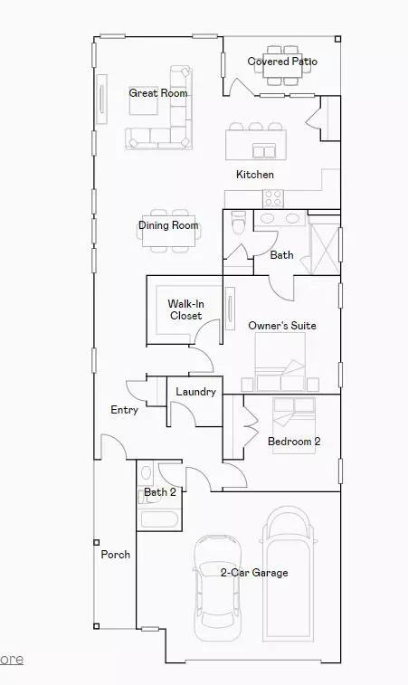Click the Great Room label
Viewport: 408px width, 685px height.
point(158,93)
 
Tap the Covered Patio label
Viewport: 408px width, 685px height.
point(282,62)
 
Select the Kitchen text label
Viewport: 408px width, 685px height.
point(255,175)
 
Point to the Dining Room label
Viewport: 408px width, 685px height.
point(168,225)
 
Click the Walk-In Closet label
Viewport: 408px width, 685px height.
point(185,309)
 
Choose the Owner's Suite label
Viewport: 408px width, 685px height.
point(281,326)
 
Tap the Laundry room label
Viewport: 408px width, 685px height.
point(195,392)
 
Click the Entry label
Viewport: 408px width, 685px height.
point(124,410)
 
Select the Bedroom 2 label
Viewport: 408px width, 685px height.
point(294,442)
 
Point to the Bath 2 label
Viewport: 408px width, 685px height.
point(159,493)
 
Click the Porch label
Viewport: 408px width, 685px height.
point(115,555)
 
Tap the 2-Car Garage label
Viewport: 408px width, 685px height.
point(254,573)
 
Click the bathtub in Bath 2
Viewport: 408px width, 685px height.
point(160,519)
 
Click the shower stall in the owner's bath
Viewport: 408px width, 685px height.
point(323,245)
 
